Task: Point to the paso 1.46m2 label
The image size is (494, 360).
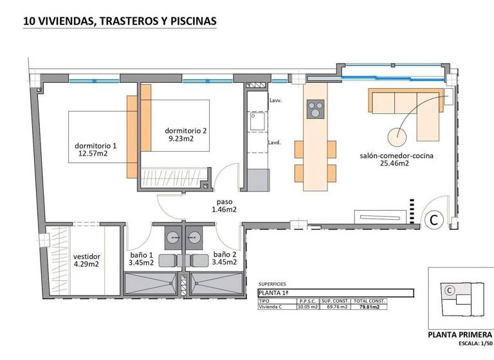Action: point(226,209)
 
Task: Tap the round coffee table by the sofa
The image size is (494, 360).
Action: point(398,136)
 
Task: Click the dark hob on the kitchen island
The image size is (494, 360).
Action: point(315,110)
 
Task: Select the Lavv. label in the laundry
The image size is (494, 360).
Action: point(276,102)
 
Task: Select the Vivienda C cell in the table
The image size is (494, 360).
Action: point(273,307)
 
